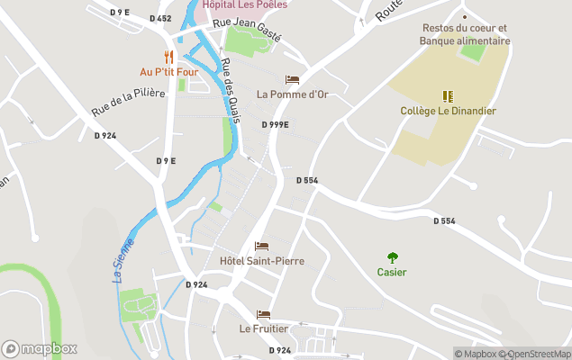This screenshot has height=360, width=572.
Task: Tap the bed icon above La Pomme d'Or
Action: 292,79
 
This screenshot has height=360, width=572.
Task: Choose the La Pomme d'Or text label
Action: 292,94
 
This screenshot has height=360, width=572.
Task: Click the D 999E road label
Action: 275,124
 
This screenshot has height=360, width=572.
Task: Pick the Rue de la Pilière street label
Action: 128,102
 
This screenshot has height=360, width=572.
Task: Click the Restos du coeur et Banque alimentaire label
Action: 466,34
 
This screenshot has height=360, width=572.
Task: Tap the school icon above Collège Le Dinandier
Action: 448,96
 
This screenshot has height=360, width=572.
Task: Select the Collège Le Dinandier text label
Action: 449,111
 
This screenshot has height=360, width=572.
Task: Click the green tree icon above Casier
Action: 392,257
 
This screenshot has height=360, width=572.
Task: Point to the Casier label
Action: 392,273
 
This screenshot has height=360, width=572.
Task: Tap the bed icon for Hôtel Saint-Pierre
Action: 261,246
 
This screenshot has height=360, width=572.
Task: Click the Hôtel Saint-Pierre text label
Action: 262,261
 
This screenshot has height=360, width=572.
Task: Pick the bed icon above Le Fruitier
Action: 263,314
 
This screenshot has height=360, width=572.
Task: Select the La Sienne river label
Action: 123,260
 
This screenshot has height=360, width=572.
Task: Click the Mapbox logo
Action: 40,348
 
